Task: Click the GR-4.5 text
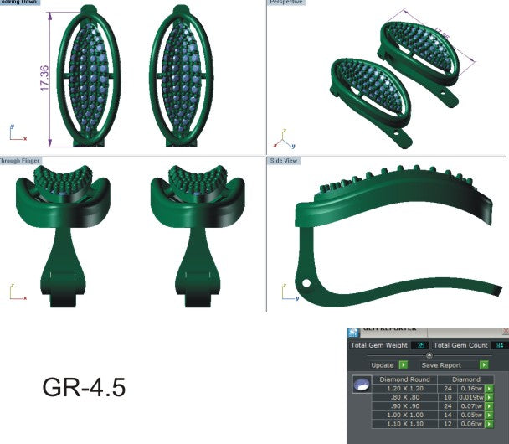click(84, 389)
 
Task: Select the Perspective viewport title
click(286, 3)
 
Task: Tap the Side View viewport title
click(284, 160)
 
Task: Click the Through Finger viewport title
click(21, 160)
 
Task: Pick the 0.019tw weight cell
click(470, 398)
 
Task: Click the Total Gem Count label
click(460, 344)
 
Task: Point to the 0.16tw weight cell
click(470, 389)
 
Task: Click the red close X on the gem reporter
click(505, 332)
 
